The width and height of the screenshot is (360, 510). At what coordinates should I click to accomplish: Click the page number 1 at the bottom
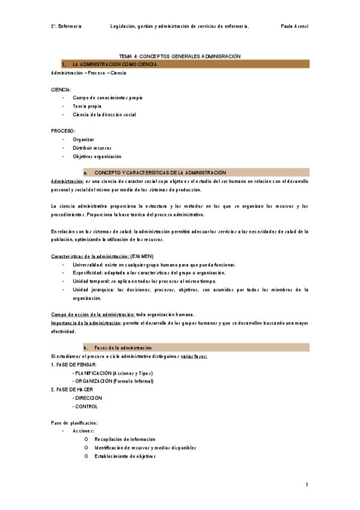click(x=307, y=485)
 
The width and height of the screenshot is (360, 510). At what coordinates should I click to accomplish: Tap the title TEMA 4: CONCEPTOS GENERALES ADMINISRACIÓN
click(x=180, y=56)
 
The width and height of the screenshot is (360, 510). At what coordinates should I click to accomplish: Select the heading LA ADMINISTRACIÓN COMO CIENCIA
click(x=115, y=64)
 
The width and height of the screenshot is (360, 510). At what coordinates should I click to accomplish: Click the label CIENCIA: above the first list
click(x=61, y=89)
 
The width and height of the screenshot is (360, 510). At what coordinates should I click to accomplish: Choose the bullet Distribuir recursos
click(x=92, y=148)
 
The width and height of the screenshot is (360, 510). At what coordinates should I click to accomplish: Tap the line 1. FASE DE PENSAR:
click(x=74, y=365)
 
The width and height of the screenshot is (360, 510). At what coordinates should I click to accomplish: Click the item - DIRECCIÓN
click(x=87, y=398)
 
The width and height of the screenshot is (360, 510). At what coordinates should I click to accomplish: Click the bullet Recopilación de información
click(x=124, y=440)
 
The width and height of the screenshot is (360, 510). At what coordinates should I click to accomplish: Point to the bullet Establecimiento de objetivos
click(x=125, y=456)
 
